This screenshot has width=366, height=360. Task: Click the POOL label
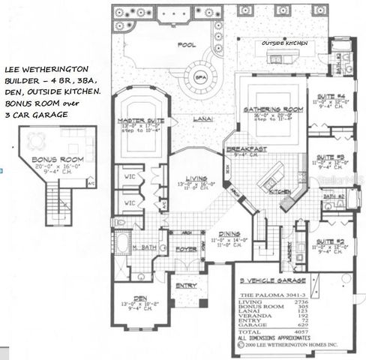coord(187,45)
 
